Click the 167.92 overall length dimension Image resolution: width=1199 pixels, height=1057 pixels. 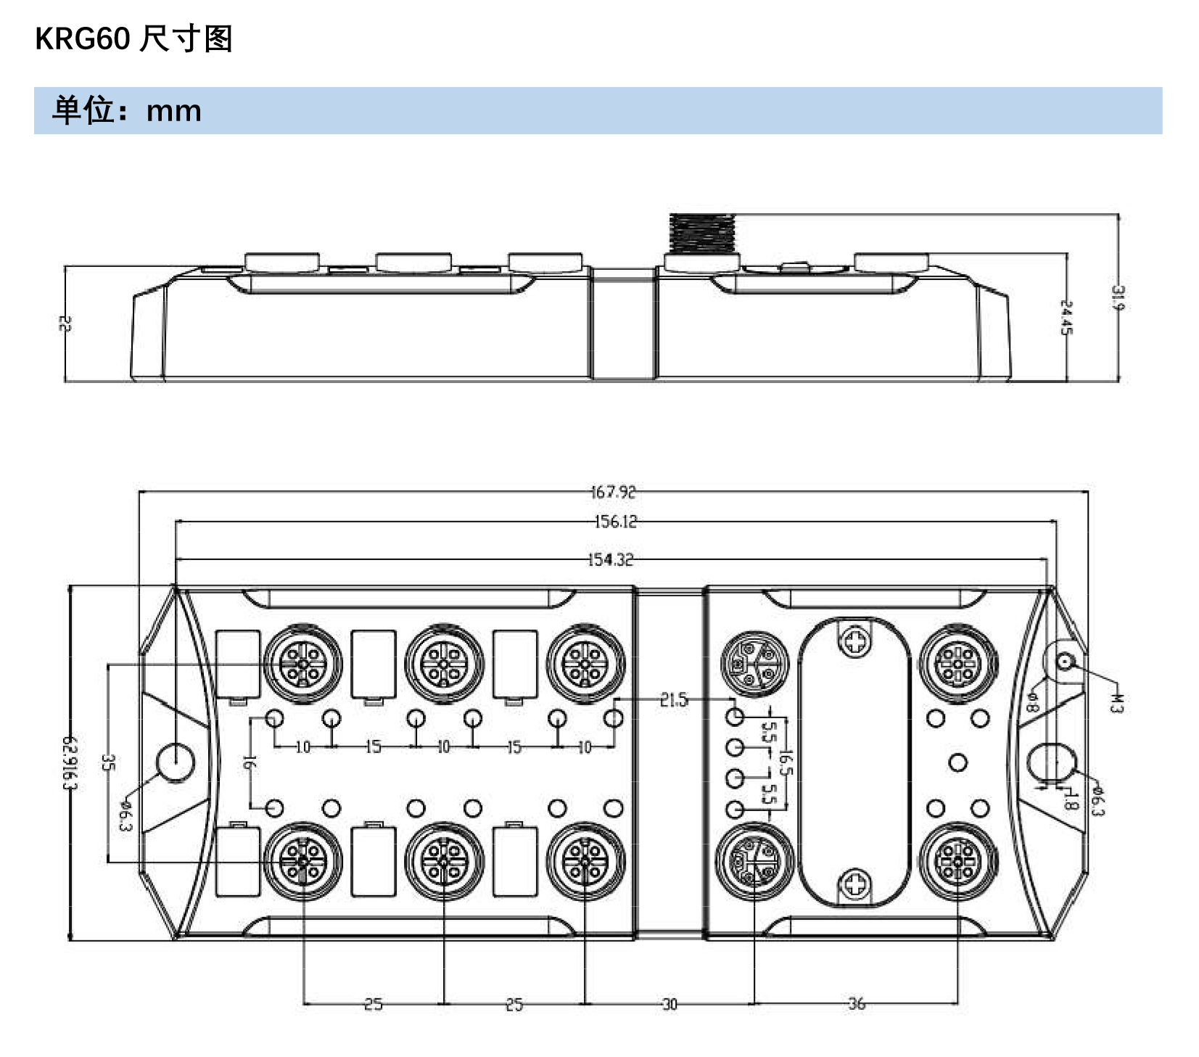tap(613, 492)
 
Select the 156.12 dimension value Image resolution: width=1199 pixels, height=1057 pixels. tap(615, 522)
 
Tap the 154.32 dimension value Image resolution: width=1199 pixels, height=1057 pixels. tap(610, 559)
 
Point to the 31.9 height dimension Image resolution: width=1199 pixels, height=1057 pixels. tap(1117, 297)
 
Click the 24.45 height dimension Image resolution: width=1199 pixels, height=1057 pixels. tap(1066, 318)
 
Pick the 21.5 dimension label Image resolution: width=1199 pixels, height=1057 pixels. tap(673, 700)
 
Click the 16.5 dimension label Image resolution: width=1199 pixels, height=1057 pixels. tap(785, 762)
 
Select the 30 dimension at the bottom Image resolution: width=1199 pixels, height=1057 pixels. tap(669, 1004)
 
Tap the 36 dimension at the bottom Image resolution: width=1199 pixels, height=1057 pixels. tap(857, 1004)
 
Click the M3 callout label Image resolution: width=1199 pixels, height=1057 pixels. tap(1116, 703)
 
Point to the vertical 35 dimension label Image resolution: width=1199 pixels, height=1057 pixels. tap(107, 762)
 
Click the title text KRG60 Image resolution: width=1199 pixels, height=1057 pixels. tap(82, 38)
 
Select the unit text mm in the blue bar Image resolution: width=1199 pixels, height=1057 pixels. tap(173, 111)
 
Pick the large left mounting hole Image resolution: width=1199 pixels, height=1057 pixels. tap(176, 762)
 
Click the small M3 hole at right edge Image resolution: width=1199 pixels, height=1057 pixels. tap(1064, 662)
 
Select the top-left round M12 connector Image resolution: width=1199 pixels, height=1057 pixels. tap(302, 663)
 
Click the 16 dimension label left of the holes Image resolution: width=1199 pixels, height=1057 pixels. tap(248, 762)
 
